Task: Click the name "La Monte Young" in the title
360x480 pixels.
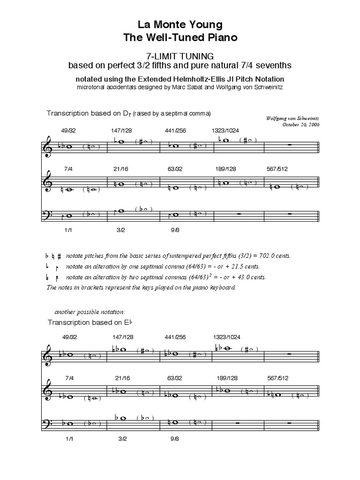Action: (x=180, y=24)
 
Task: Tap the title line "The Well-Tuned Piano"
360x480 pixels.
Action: (x=180, y=38)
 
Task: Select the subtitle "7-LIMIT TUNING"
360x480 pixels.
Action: (x=180, y=56)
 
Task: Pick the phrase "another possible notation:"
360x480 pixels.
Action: (x=90, y=312)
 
